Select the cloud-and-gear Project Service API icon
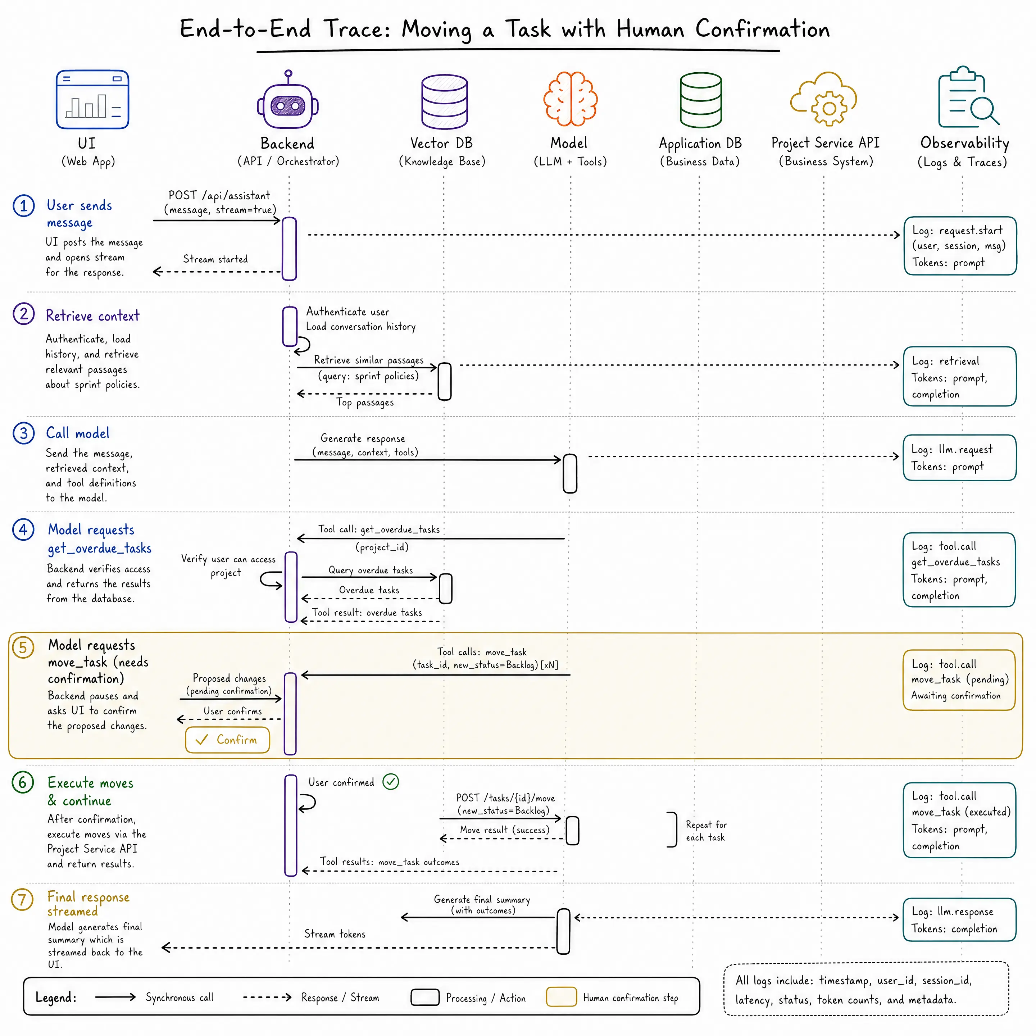[x=824, y=99]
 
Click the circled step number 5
[x=23, y=647]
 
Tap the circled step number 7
[x=23, y=899]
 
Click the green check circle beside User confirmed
[x=391, y=782]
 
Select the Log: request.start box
[x=960, y=246]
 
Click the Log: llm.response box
[x=959, y=920]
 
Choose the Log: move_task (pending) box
[x=959, y=680]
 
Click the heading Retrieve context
[x=93, y=316]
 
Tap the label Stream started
[x=215, y=259]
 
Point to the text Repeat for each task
[x=706, y=831]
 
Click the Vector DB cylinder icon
[x=445, y=101]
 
